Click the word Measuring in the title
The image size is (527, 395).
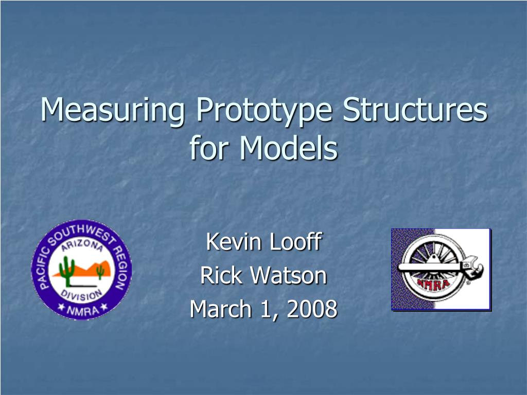click(x=113, y=110)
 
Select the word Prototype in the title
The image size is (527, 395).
click(x=264, y=110)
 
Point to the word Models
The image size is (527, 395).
click(x=288, y=148)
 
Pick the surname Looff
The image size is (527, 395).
click(x=296, y=241)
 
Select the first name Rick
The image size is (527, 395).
click(x=221, y=275)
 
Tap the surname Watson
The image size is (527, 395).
click(x=289, y=276)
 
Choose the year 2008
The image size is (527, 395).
click(x=312, y=309)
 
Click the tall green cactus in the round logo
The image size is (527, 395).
click(x=67, y=271)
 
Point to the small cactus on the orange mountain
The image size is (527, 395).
click(x=100, y=272)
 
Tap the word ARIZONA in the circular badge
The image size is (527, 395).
click(x=82, y=245)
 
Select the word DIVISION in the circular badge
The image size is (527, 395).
click(x=81, y=295)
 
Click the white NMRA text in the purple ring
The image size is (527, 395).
click(x=82, y=310)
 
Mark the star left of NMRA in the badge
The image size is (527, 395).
click(x=61, y=307)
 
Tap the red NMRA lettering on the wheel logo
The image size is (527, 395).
click(x=433, y=284)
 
